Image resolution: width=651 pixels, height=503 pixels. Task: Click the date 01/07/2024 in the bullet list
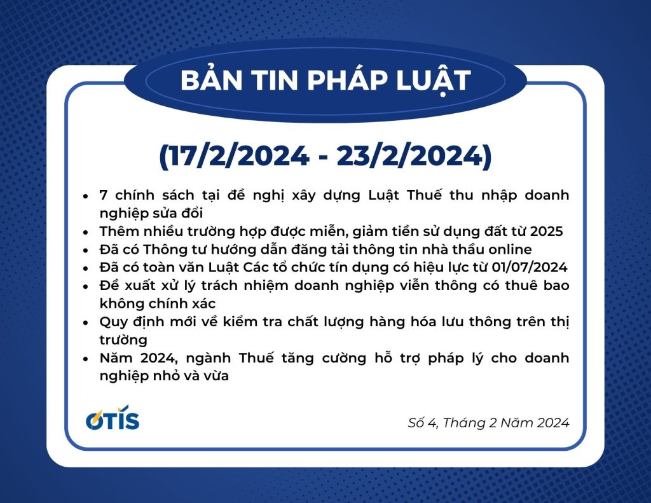[x=530, y=268]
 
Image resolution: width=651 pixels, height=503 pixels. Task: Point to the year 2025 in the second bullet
[x=546, y=231]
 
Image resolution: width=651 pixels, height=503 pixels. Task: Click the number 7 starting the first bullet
[x=104, y=195]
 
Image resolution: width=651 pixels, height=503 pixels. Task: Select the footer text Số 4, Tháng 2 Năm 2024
[x=488, y=423]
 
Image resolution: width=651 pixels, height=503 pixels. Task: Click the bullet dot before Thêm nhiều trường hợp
[x=86, y=231]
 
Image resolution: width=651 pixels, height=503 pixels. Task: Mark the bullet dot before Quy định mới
[x=86, y=322]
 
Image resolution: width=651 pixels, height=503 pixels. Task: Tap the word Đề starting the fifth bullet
[x=107, y=286]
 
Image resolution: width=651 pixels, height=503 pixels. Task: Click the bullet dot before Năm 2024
[x=86, y=359]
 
